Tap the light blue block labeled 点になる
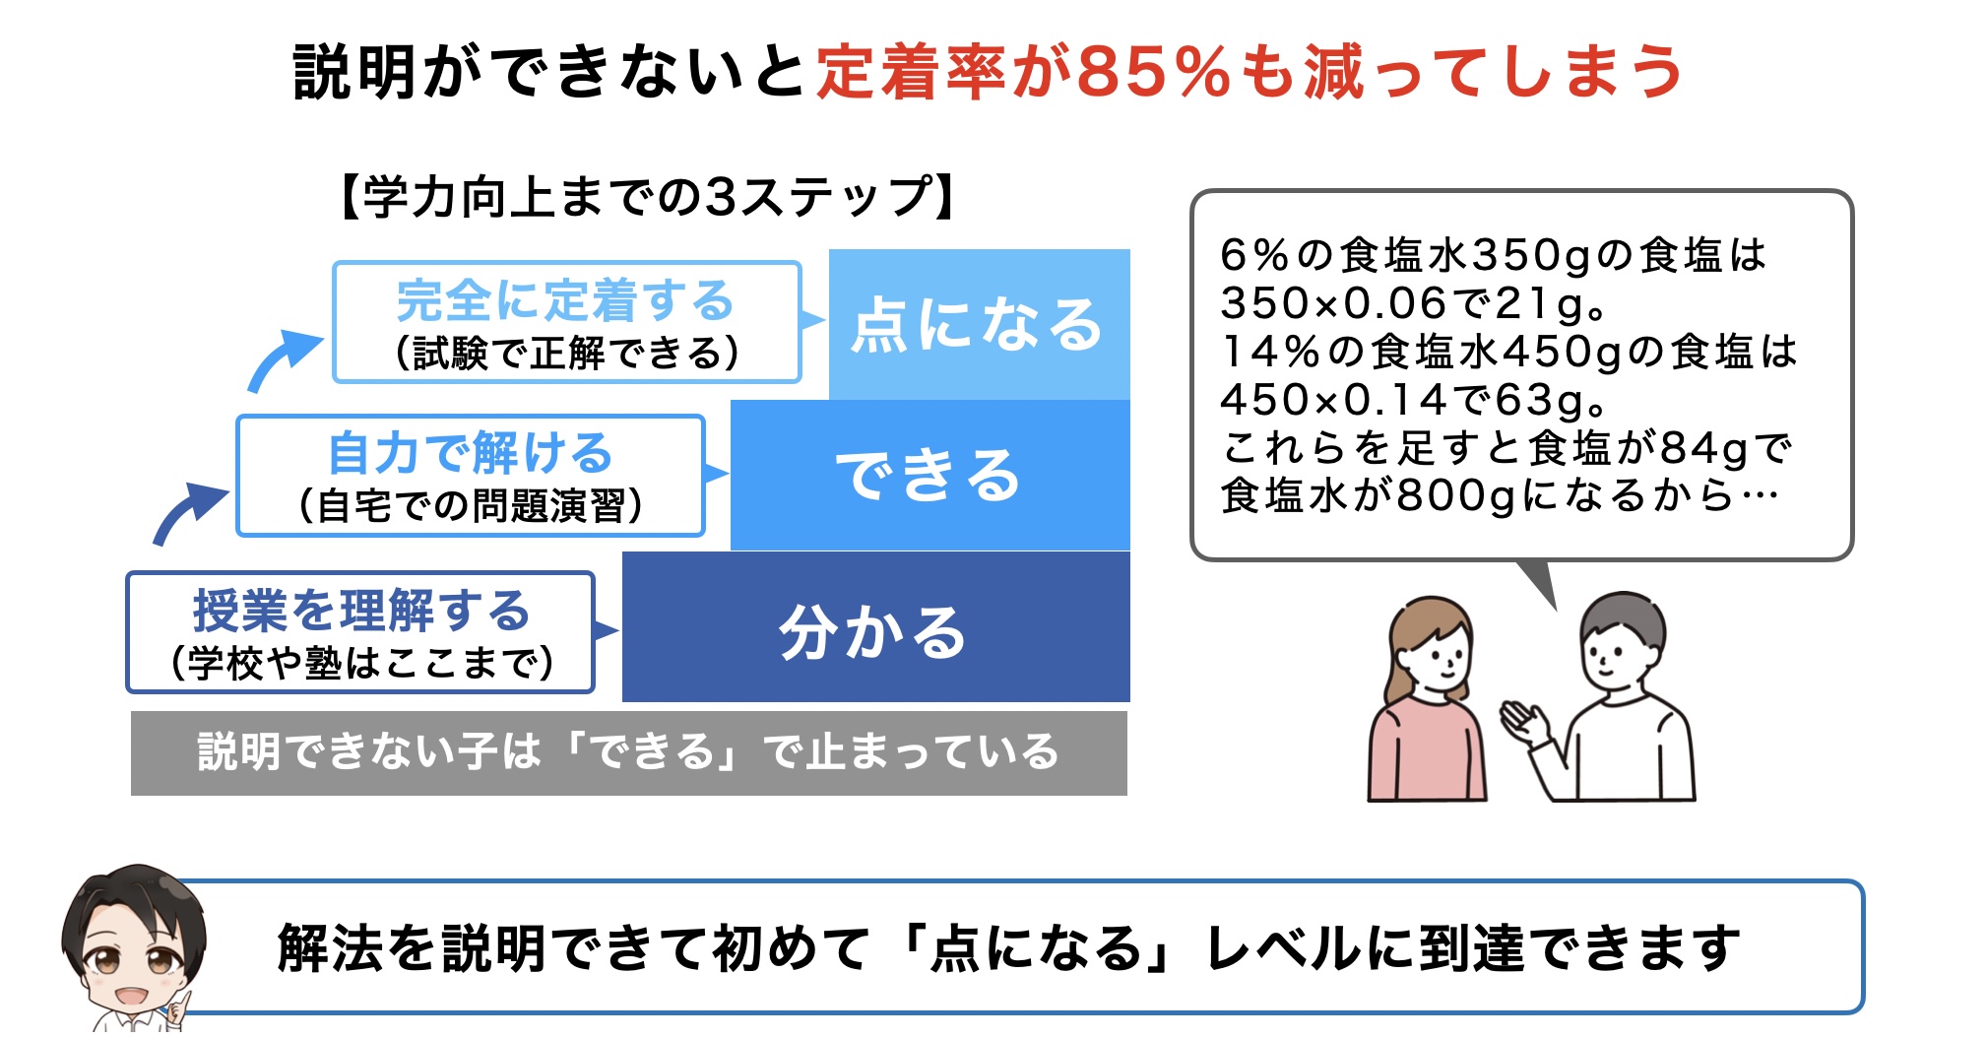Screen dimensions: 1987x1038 click(x=979, y=324)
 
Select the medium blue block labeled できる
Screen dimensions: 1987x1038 click(x=929, y=475)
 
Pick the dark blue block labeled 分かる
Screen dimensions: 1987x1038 click(x=875, y=626)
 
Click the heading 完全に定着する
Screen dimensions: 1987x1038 click(x=565, y=300)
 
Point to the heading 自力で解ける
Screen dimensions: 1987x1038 click(x=471, y=453)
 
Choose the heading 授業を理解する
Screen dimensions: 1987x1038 click(x=361, y=610)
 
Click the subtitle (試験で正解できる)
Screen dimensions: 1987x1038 click(x=566, y=353)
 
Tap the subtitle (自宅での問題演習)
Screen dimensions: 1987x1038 click(x=470, y=505)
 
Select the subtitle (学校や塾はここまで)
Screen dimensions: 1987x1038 click(x=361, y=662)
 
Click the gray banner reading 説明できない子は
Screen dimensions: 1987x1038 click(x=628, y=752)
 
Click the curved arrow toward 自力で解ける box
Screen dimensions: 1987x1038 click(x=188, y=512)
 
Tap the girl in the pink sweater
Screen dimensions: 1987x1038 click(x=1427, y=699)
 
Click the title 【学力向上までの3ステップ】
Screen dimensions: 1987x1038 click(x=647, y=197)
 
